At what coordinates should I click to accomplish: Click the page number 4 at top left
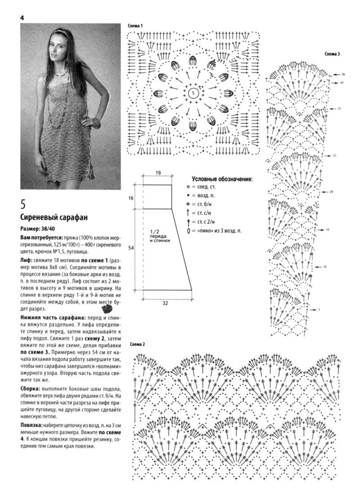(x=22, y=18)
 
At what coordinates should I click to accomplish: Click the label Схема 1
(x=135, y=26)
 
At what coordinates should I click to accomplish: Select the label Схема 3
(x=332, y=54)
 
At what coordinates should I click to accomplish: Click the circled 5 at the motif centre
(x=193, y=93)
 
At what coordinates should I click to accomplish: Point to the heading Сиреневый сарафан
(x=54, y=218)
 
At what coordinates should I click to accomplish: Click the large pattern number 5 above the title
(x=23, y=205)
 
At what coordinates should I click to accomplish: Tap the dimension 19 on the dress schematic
(x=158, y=173)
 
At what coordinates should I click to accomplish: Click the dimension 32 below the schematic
(x=165, y=303)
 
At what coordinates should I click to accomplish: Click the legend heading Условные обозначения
(x=222, y=178)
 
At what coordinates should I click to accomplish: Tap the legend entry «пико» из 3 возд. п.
(x=216, y=231)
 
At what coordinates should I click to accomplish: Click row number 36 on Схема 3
(x=343, y=74)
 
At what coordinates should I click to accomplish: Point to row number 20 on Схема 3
(x=331, y=192)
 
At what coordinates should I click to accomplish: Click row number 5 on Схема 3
(x=319, y=310)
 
